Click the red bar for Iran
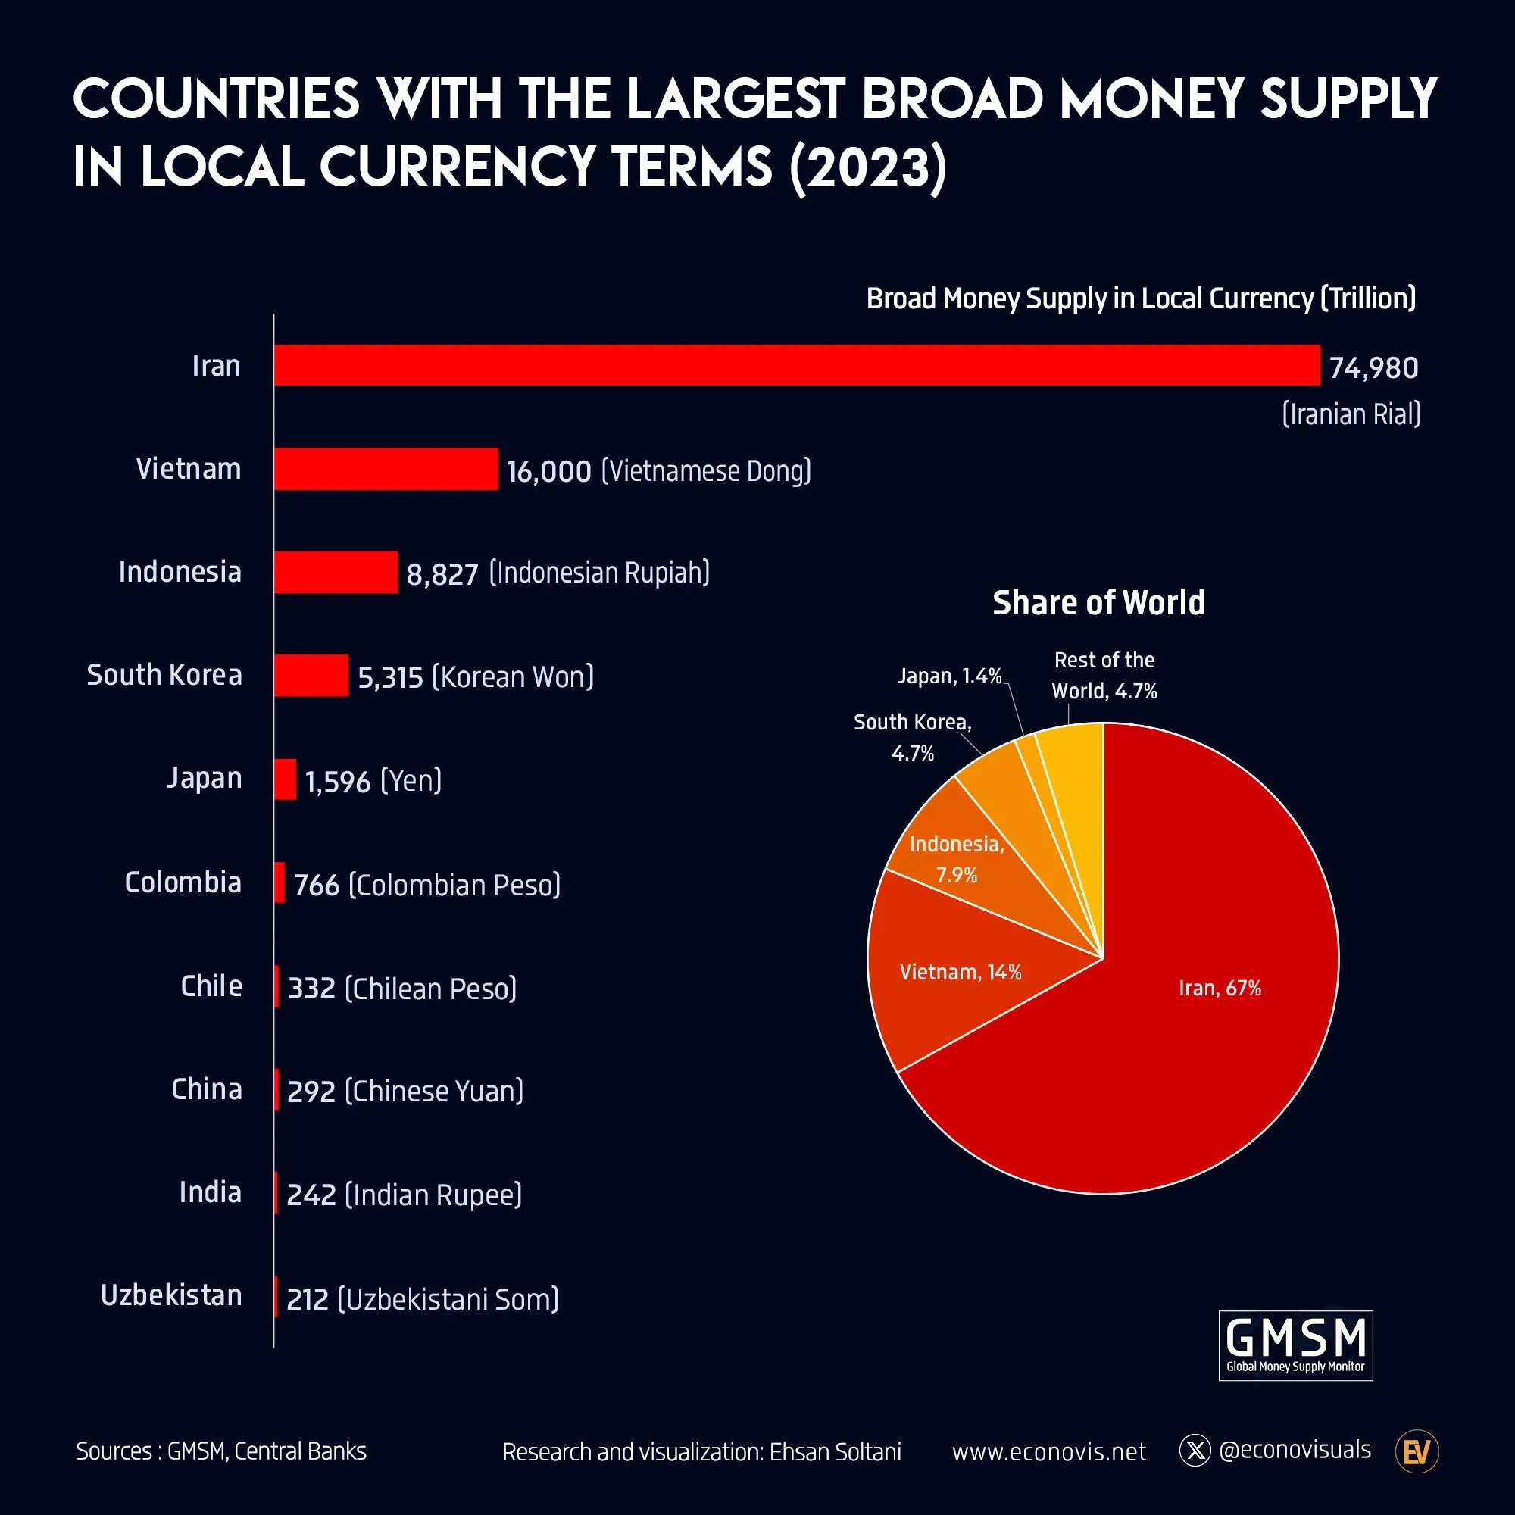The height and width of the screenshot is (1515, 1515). (796, 364)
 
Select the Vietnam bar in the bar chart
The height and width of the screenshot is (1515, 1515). (386, 469)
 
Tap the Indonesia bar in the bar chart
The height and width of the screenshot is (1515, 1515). (336, 573)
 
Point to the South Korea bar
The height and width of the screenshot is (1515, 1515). (311, 675)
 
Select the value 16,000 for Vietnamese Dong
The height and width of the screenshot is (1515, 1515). (548, 471)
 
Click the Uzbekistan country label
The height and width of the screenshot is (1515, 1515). (172, 1295)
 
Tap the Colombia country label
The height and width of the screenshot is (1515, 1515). (183, 883)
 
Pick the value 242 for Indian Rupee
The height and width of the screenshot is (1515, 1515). (311, 1195)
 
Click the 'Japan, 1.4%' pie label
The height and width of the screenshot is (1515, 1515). (950, 676)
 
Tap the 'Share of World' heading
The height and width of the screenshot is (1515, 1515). (1098, 603)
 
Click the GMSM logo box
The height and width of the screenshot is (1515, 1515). (1295, 1345)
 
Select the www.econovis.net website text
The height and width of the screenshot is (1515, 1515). (1048, 1452)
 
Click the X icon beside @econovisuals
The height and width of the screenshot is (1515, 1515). (1195, 1451)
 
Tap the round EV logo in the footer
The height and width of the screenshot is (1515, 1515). (1417, 1452)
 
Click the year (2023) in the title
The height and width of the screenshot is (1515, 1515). (868, 167)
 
